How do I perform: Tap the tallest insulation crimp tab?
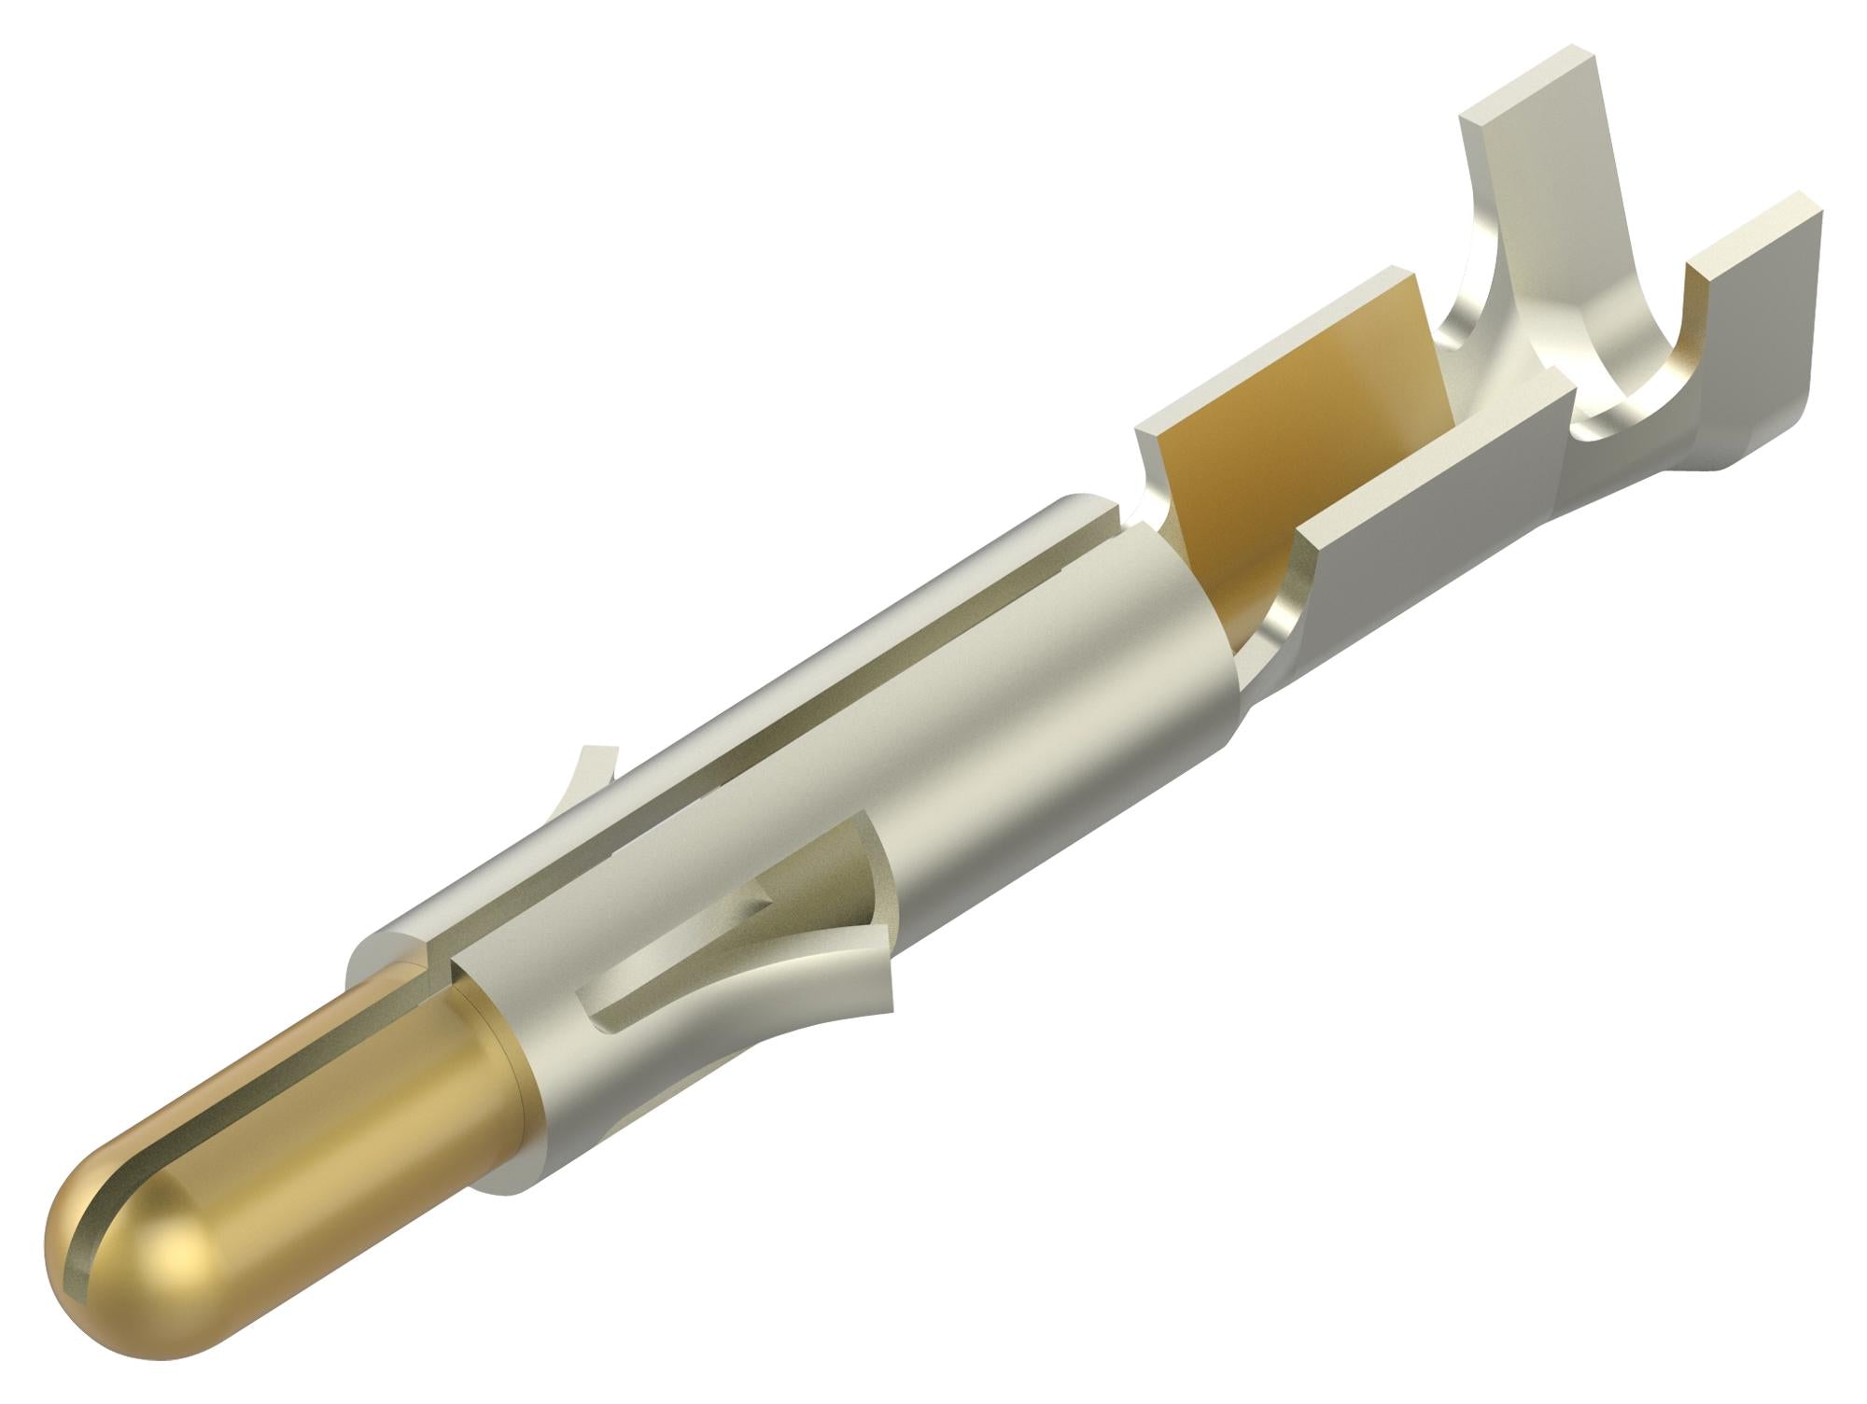[1531, 187]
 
